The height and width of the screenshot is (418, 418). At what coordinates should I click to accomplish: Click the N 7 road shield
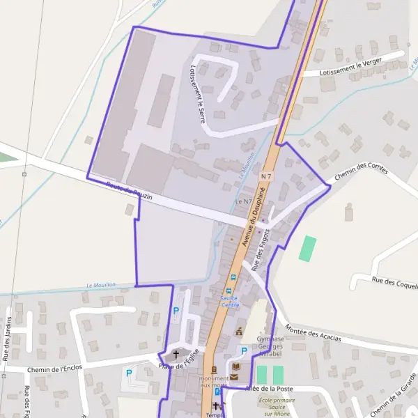tap(265, 178)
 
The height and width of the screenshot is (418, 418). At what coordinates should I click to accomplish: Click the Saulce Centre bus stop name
tap(230, 301)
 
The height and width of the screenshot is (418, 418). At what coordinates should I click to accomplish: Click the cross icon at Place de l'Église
tap(176, 354)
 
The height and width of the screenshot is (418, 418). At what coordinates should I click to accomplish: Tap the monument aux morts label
tap(214, 382)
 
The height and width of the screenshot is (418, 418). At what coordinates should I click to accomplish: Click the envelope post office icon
tap(233, 377)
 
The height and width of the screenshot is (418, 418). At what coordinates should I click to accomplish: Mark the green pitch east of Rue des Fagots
tap(307, 249)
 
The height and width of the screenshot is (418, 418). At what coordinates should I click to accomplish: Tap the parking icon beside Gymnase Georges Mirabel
tap(243, 351)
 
